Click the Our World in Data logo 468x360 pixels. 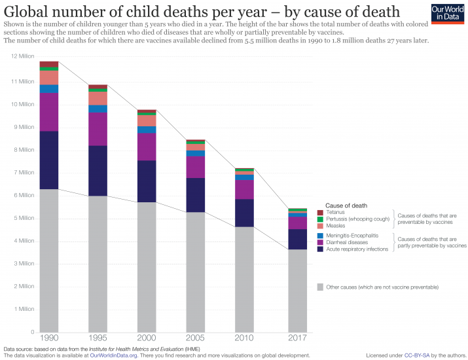click(x=446, y=14)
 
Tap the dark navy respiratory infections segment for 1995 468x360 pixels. click(x=98, y=171)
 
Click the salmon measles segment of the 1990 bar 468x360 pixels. click(x=49, y=77)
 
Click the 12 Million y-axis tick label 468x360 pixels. click(x=22, y=59)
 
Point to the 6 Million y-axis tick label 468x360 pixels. click(x=24, y=195)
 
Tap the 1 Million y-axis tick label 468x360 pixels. click(x=24, y=309)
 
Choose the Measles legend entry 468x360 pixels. click(x=336, y=225)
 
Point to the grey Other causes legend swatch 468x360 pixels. click(x=320, y=287)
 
